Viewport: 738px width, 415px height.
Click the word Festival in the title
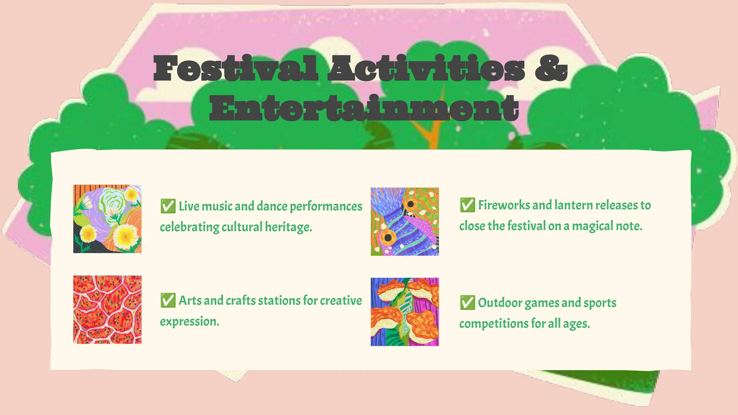[236, 68]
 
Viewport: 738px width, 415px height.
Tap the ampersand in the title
[551, 68]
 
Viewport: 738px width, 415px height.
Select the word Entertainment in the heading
[364, 108]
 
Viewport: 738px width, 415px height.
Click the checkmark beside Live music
[168, 206]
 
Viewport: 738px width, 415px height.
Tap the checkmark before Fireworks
[467, 205]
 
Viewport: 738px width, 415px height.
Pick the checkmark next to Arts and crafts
[168, 300]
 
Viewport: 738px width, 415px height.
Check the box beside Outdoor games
[467, 302]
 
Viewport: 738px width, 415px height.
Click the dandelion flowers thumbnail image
[107, 219]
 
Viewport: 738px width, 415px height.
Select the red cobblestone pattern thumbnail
[107, 309]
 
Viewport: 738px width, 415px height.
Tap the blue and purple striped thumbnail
[405, 222]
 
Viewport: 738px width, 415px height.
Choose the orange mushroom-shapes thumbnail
[405, 312]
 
